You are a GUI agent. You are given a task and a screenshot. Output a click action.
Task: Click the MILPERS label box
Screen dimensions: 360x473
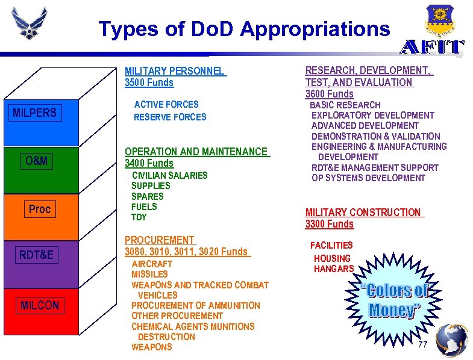[35, 113]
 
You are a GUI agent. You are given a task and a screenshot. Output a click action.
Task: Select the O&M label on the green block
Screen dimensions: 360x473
[37, 161]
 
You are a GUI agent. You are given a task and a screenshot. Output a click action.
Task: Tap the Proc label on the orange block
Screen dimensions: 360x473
[40, 209]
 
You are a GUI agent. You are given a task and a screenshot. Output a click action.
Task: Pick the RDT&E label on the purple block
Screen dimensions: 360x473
[36, 255]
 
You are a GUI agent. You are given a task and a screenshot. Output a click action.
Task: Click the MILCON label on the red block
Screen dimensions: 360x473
[40, 305]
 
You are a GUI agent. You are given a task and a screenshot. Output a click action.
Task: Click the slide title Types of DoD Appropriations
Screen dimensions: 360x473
[244, 28]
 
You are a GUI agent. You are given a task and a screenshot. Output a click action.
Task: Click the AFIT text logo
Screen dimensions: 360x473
[433, 48]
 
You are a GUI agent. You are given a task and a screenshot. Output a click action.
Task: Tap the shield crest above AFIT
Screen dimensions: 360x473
[439, 20]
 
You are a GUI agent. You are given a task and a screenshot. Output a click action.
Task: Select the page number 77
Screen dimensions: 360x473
[422, 344]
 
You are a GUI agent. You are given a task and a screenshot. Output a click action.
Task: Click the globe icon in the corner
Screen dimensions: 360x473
[451, 340]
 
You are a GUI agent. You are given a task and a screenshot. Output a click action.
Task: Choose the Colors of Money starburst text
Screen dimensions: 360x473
[395, 300]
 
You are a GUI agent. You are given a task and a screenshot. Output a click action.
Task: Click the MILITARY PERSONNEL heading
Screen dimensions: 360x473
[175, 71]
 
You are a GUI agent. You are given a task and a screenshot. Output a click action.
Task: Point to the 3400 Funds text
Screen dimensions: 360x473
[149, 163]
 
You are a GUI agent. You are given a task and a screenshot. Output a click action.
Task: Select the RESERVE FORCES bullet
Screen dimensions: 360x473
[170, 117]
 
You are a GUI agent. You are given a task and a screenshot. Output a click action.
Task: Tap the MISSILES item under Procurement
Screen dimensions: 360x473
[149, 274]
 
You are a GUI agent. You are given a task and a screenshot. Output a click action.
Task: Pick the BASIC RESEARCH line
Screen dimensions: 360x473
[345, 105]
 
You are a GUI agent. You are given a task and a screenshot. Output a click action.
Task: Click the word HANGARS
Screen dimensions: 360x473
[334, 269]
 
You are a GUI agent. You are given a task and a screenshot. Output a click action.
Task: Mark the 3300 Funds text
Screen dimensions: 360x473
[330, 224]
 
